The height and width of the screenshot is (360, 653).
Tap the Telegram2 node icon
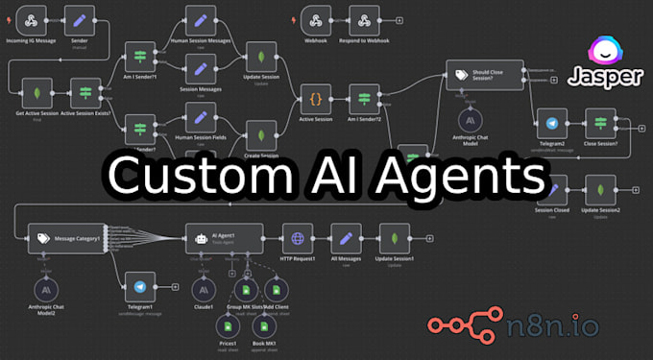[551, 125]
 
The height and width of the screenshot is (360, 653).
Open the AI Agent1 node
[222, 237]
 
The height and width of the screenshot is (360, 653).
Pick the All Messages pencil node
[344, 237]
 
